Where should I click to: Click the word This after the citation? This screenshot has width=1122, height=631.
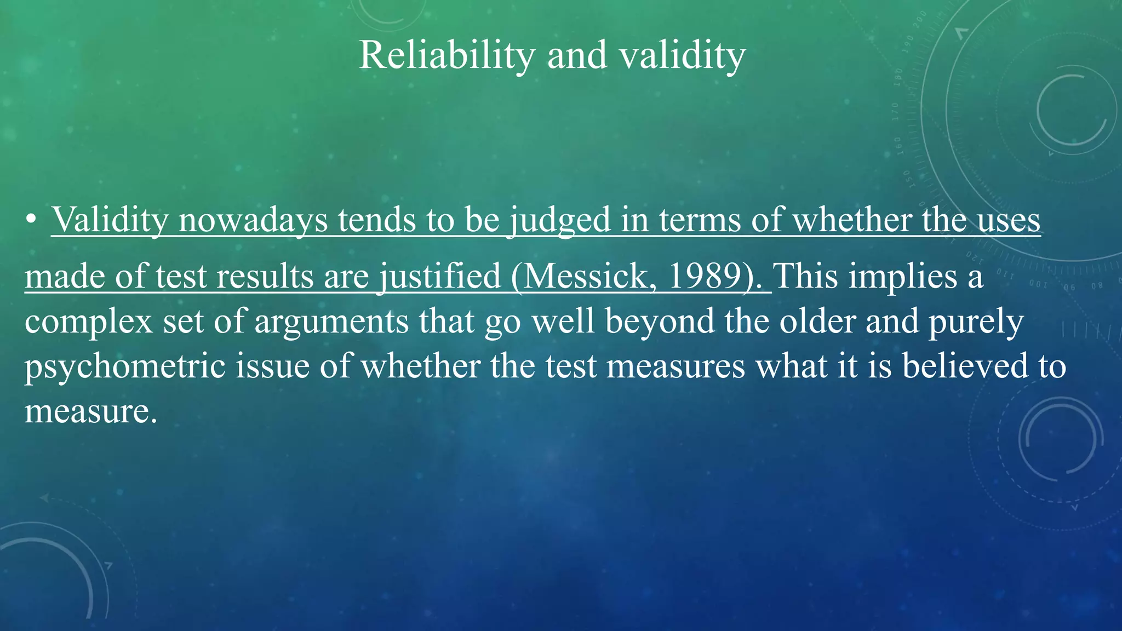click(805, 276)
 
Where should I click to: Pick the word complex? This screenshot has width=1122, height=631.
click(88, 322)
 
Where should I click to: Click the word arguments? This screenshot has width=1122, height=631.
click(331, 322)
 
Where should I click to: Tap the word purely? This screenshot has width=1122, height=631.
click(975, 322)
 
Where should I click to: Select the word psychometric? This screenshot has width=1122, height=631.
click(125, 366)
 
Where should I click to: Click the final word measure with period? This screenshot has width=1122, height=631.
click(90, 412)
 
